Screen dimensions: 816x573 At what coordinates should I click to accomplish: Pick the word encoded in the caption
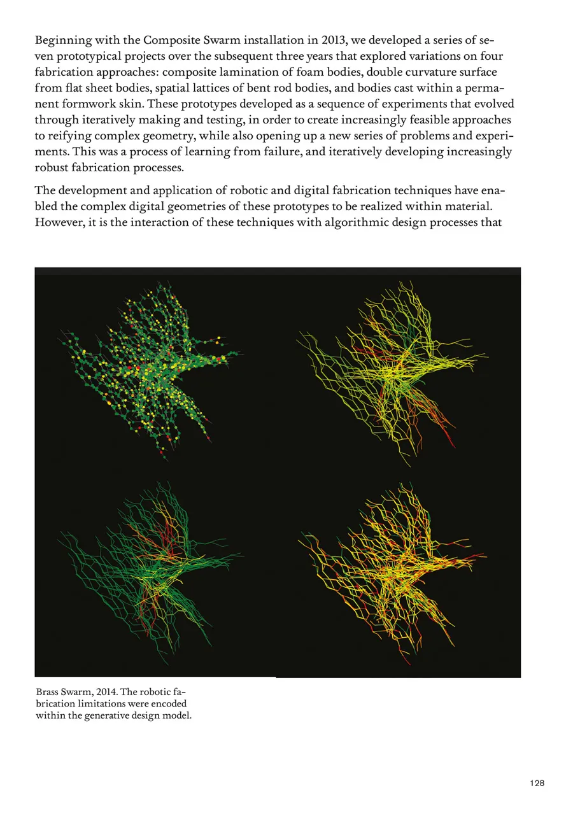click(x=170, y=705)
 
